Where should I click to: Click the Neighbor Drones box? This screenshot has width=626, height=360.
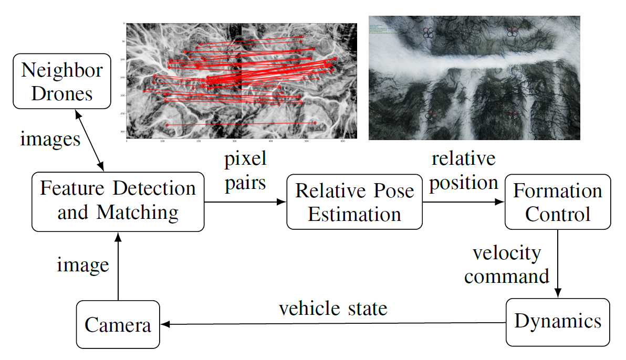pyautogui.click(x=62, y=81)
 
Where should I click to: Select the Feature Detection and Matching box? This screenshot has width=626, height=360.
pyautogui.click(x=118, y=202)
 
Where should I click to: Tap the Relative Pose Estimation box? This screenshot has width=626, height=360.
pyautogui.click(x=354, y=202)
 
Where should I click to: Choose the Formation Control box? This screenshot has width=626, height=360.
pyautogui.click(x=557, y=202)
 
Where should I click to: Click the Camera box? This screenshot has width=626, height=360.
pyautogui.click(x=118, y=324)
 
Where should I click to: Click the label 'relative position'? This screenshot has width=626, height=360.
pyautogui.click(x=463, y=170)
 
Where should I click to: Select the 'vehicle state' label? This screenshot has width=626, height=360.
pyautogui.click(x=333, y=308)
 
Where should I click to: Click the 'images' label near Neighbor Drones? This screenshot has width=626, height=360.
pyautogui.click(x=50, y=139)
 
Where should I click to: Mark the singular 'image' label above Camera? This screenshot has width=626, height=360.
pyautogui.click(x=83, y=264)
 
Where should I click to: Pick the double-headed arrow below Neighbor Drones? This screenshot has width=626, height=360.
pyautogui.click(x=90, y=140)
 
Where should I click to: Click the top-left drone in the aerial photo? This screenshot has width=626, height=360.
pyautogui.click(x=428, y=33)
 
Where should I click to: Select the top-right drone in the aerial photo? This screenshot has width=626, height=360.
pyautogui.click(x=513, y=31)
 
